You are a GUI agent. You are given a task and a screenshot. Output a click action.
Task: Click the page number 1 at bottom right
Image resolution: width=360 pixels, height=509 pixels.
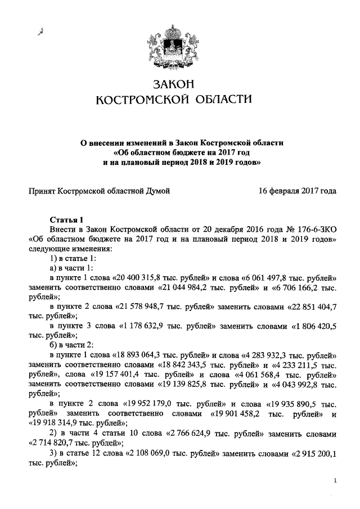point(335,481)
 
